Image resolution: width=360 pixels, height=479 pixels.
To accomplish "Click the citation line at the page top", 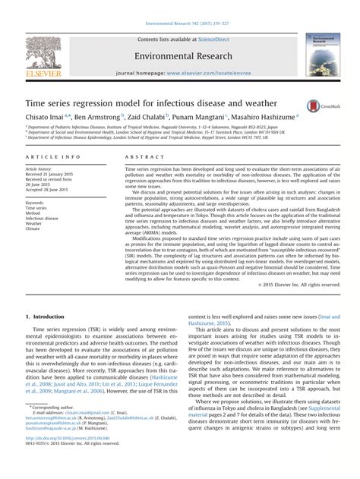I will coord(179,5).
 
